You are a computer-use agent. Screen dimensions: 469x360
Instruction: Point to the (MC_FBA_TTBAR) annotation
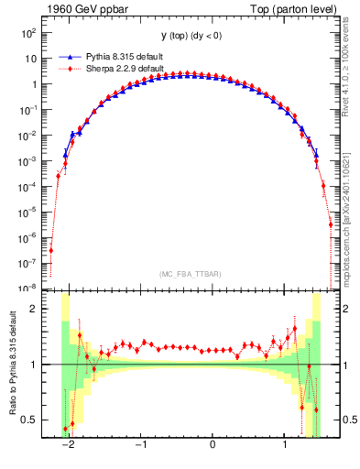[x=188, y=275]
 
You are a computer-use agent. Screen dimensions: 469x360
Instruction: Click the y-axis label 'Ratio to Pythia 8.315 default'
[x=12, y=365]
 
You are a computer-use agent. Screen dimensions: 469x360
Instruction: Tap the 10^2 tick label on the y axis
[x=30, y=32]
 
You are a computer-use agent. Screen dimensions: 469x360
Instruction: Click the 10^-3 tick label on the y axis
[x=29, y=160]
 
